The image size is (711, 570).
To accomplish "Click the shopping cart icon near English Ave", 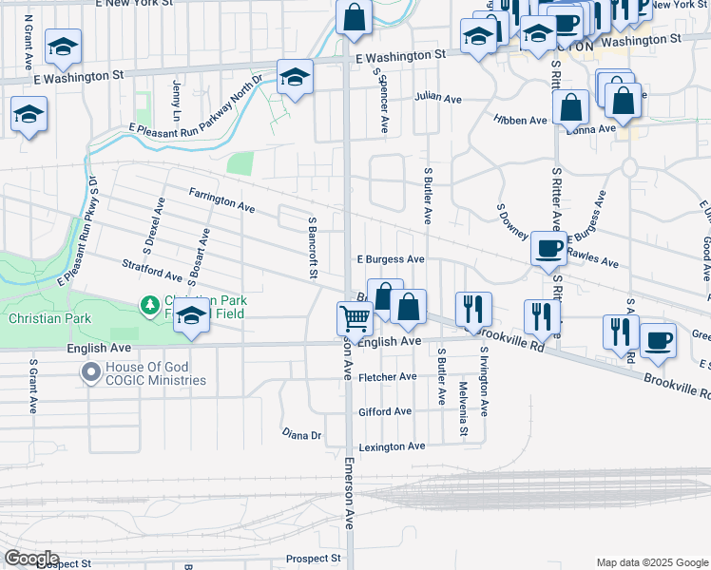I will [355, 318].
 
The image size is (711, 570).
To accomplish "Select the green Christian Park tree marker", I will [148, 305].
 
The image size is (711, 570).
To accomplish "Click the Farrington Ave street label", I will [221, 199].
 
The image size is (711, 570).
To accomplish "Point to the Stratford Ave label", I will [152, 269].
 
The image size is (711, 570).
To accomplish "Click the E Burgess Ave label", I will [390, 258].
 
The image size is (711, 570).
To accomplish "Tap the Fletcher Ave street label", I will [387, 376].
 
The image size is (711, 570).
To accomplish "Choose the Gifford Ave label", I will [385, 411].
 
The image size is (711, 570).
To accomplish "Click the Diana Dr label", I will [302, 434].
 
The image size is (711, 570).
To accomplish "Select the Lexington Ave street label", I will [391, 446].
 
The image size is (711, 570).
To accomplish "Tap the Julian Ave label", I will [437, 98].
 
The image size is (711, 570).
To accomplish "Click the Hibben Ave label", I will [520, 121].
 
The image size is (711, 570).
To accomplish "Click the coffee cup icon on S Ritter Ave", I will [548, 249].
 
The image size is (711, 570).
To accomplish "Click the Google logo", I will [30, 559].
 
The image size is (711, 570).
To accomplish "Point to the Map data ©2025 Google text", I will [651, 562].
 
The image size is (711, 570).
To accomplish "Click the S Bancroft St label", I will [311, 247].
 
